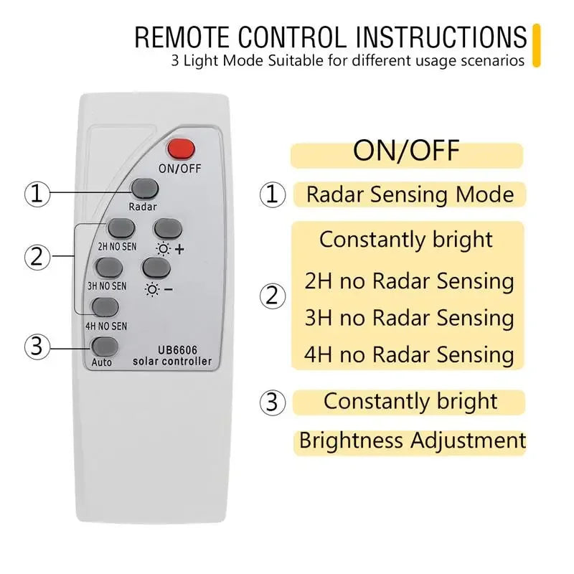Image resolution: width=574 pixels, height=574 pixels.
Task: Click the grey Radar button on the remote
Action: (x=144, y=189)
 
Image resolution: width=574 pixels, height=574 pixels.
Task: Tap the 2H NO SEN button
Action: (x=121, y=228)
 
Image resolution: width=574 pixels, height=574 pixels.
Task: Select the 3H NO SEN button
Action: (x=110, y=268)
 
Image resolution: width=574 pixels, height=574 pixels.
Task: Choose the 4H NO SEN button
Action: (x=105, y=306)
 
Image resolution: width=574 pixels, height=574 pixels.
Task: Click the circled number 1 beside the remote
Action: (x=37, y=194)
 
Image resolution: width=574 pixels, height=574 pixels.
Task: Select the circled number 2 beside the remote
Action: (x=37, y=255)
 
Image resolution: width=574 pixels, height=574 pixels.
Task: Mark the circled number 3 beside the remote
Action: (x=37, y=348)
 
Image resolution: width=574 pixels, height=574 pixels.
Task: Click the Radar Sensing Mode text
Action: (x=410, y=194)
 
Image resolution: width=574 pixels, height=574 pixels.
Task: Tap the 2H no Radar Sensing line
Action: (x=409, y=281)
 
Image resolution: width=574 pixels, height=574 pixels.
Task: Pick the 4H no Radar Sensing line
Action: (x=409, y=354)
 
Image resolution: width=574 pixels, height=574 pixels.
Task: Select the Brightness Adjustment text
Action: (x=412, y=440)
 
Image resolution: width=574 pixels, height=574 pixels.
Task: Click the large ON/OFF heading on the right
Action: (x=406, y=152)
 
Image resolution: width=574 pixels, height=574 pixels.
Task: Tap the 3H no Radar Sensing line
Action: (x=409, y=318)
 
